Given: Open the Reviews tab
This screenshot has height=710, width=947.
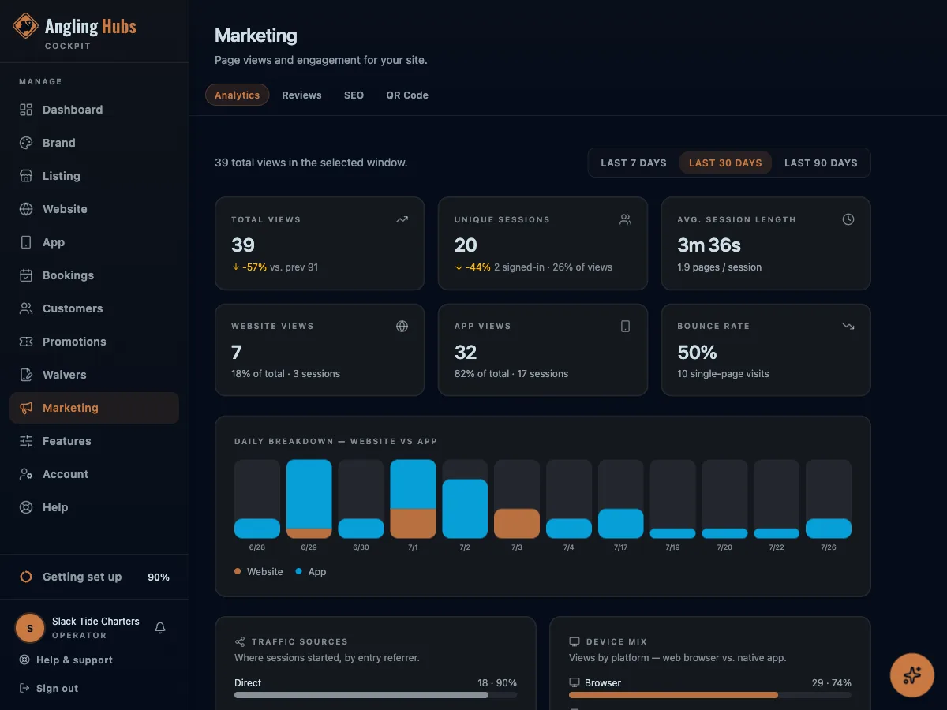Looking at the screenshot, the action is click(x=301, y=95).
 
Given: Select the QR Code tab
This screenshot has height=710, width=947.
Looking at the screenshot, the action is click(x=407, y=95).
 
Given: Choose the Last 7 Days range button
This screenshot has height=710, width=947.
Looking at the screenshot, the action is click(x=634, y=163).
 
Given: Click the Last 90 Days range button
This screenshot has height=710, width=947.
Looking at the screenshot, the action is click(x=821, y=163).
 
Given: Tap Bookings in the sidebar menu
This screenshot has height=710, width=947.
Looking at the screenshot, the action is click(x=68, y=275).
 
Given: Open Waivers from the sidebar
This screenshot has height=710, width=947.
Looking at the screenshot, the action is click(x=64, y=375).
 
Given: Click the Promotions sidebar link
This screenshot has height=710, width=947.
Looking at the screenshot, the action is click(x=74, y=342).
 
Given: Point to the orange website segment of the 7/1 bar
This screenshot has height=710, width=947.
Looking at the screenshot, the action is click(x=413, y=523).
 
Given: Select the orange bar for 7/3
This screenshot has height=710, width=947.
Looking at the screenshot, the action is click(x=516, y=523).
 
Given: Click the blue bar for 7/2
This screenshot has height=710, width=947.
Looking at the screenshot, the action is click(x=465, y=509).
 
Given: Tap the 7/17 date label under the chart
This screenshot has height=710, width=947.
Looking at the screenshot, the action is click(x=620, y=547).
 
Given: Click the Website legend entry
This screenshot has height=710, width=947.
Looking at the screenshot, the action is click(x=258, y=572).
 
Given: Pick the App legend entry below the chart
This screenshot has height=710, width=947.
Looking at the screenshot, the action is click(x=311, y=572).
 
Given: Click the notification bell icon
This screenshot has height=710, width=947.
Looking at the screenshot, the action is click(x=160, y=628).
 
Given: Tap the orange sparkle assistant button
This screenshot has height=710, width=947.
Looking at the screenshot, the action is click(x=912, y=675).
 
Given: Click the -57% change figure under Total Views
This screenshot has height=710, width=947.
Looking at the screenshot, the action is click(x=254, y=267).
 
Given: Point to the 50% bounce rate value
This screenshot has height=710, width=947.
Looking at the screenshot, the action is click(x=697, y=352).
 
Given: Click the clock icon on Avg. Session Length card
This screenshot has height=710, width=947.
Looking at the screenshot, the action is click(x=848, y=219).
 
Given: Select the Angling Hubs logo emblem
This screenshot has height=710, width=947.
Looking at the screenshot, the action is click(x=25, y=26).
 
